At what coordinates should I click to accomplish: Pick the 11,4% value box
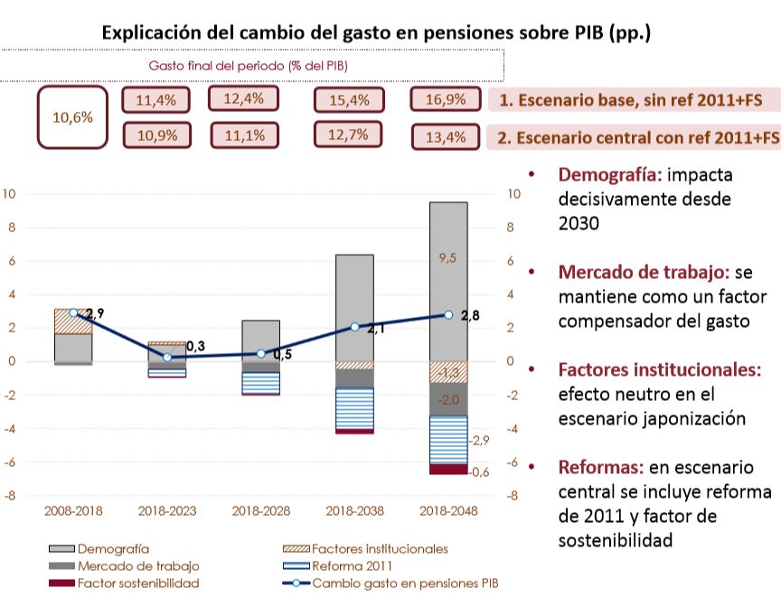155,101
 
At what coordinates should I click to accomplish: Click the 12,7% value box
348,135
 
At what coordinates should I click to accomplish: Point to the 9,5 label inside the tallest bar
448,258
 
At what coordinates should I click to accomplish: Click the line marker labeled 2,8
448,315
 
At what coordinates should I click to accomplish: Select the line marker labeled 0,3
167,357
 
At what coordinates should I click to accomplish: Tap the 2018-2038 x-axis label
354,510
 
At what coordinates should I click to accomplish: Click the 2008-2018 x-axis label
73,510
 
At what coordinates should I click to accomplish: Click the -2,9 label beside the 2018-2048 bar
479,440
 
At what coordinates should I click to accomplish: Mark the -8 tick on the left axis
10,496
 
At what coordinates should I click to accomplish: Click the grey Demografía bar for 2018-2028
260,340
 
